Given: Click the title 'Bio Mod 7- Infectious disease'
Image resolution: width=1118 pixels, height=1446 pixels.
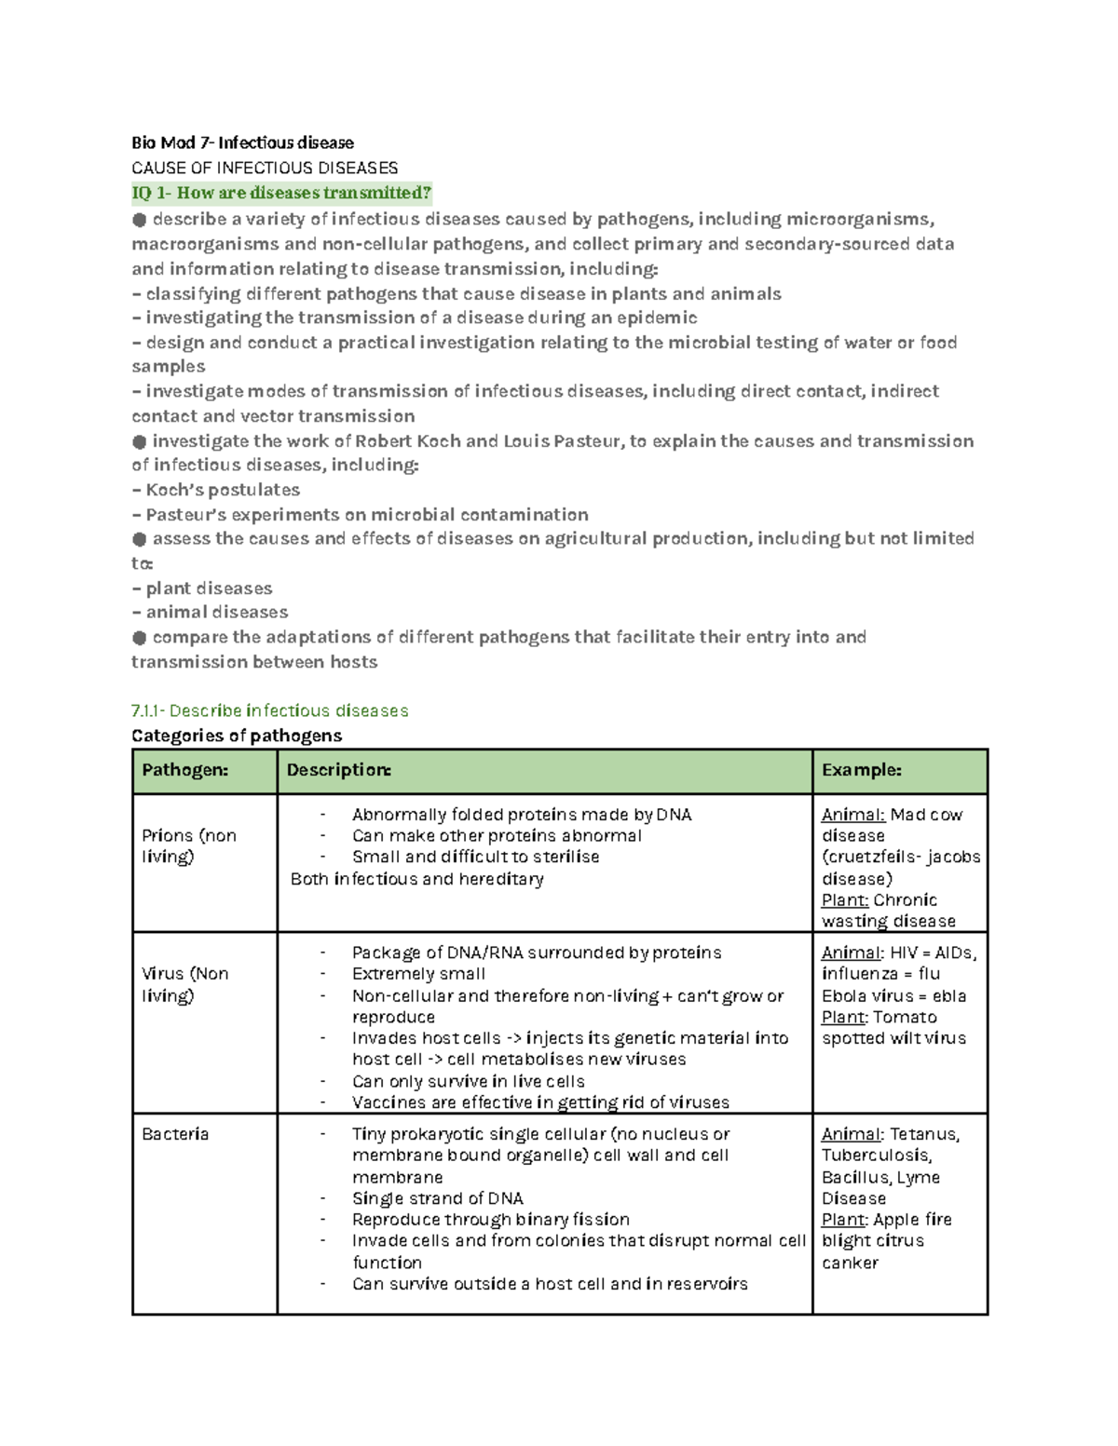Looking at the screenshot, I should (x=242, y=142).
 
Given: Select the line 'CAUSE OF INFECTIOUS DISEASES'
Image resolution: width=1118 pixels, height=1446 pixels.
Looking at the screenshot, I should (x=265, y=168).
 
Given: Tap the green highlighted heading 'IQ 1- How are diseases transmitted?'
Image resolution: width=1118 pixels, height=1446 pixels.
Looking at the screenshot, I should (x=281, y=193).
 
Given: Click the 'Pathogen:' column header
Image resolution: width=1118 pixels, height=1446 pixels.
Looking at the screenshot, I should (x=184, y=770).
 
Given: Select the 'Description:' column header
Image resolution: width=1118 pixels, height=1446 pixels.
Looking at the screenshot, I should (x=338, y=770).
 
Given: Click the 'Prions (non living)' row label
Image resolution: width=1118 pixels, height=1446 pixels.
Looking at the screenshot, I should (x=188, y=845).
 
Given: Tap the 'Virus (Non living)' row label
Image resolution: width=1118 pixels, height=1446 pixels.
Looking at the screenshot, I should (x=184, y=984).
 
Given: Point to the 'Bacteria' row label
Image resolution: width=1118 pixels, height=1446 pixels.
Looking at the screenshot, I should (x=175, y=1134).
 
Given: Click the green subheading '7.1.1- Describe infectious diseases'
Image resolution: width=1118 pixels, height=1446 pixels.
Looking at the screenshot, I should (x=270, y=710).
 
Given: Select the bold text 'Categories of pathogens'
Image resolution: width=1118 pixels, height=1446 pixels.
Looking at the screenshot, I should (x=237, y=736).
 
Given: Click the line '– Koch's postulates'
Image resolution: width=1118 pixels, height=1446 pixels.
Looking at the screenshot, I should (x=216, y=490).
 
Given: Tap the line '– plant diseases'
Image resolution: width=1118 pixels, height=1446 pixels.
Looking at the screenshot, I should (x=202, y=588).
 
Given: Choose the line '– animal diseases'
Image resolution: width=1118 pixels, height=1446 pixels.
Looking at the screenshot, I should (x=210, y=612).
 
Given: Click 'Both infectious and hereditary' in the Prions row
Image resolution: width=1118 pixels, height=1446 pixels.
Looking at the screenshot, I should (x=416, y=879).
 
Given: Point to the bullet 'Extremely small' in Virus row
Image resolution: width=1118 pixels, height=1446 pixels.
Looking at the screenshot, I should (x=418, y=974).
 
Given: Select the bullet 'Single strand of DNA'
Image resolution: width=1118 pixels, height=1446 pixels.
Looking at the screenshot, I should (x=437, y=1198).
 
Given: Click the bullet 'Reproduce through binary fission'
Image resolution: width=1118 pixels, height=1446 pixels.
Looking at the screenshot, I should (x=490, y=1220).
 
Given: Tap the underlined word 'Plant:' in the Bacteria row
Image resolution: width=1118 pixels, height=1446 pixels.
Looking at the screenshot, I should (x=844, y=1220).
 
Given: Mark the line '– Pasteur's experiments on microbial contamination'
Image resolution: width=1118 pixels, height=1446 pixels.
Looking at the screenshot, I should (x=361, y=515).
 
